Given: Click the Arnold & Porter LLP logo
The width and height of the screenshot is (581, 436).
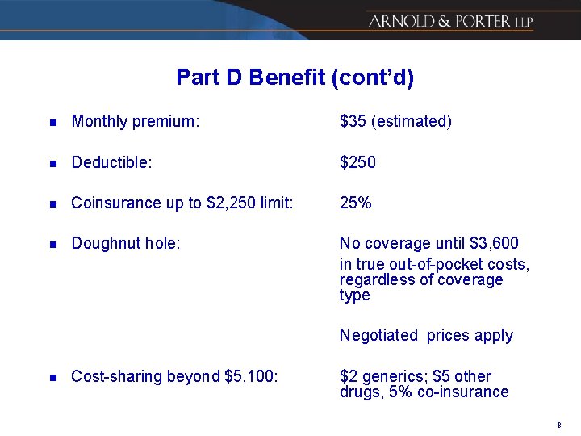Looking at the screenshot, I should pyautogui.click(x=450, y=21).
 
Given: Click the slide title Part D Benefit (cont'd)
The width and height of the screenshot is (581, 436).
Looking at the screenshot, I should pyautogui.click(x=295, y=78).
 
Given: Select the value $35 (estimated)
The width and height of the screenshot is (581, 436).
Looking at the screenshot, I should pyautogui.click(x=395, y=122).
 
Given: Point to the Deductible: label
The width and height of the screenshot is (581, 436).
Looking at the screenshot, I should pyautogui.click(x=111, y=162).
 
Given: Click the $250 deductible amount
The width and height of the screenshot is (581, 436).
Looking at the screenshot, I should pyautogui.click(x=357, y=162).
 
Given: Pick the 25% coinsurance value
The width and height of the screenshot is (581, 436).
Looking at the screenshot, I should pyautogui.click(x=356, y=203).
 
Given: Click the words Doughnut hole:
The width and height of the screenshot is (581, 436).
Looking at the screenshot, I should pyautogui.click(x=125, y=243).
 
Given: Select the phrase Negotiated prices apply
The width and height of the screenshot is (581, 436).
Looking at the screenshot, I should pyautogui.click(x=426, y=335).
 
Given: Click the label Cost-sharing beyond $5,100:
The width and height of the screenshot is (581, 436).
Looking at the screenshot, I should pyautogui.click(x=174, y=376).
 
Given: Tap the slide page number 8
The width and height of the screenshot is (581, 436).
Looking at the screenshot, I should pyautogui.click(x=558, y=425).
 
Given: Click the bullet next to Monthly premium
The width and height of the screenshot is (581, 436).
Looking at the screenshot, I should pyautogui.click(x=52, y=123).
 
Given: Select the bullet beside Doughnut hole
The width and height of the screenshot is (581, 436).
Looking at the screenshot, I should pyautogui.click(x=52, y=244).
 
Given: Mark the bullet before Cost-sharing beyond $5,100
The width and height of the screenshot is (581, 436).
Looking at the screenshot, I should pyautogui.click(x=52, y=377).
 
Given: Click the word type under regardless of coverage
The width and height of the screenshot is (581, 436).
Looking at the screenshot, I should pyautogui.click(x=355, y=296).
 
